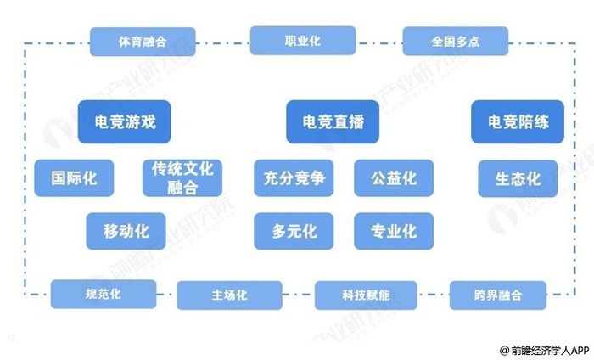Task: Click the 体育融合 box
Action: tap(142, 41)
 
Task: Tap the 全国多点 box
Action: tap(455, 41)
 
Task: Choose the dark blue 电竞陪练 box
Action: tap(518, 121)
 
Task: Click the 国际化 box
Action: tap(74, 178)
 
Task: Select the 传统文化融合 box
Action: tap(182, 178)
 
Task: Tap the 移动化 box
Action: tap(126, 230)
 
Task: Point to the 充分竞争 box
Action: tap(294, 178)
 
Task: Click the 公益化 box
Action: tap(393, 178)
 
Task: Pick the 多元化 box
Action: tap(294, 230)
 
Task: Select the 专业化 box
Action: tap(393, 230)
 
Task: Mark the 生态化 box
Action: tap(518, 178)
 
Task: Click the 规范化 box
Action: tap(104, 294)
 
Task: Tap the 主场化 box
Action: tap(229, 295)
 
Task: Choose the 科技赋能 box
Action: tap(366, 295)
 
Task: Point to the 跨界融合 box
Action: tap(498, 295)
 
